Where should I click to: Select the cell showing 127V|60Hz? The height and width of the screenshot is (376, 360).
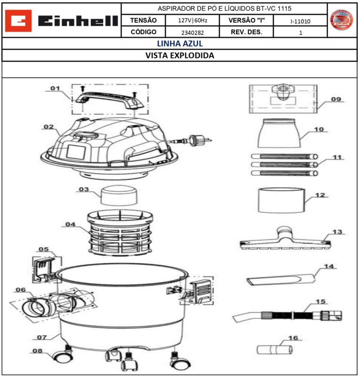pyautogui.click(x=192, y=21)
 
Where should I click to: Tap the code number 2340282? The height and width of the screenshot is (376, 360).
pyautogui.click(x=192, y=33)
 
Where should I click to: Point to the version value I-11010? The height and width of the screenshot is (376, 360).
pyautogui.click(x=300, y=21)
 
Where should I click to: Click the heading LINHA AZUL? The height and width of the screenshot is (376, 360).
pyautogui.click(x=179, y=44)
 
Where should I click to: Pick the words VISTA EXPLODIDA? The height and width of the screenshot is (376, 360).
pyautogui.click(x=179, y=55)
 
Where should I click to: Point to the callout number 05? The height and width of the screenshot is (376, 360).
pyautogui.click(x=43, y=249)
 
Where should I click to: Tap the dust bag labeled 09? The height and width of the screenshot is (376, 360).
pyautogui.click(x=282, y=99)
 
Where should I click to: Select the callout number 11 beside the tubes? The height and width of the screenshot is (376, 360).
pyautogui.click(x=337, y=157)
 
